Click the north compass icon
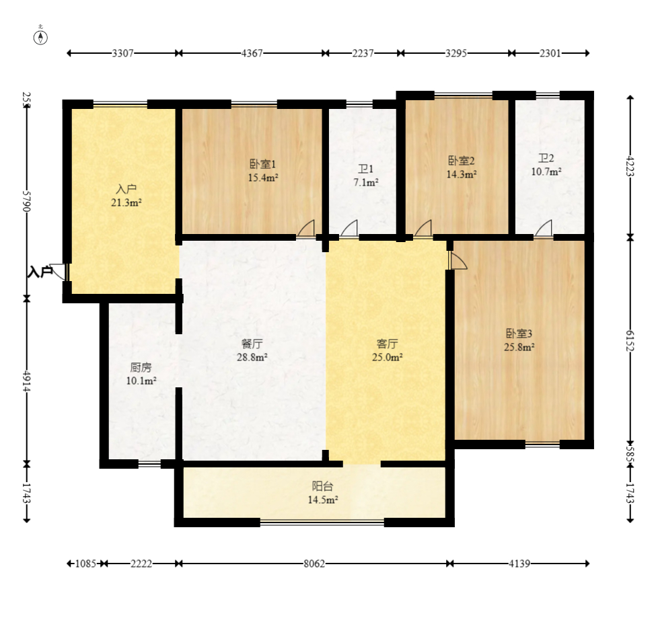[40, 38]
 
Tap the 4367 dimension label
[252, 53]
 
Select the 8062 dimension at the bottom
[314, 564]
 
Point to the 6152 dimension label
[630, 340]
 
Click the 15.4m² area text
[263, 178]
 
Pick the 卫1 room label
[365, 169]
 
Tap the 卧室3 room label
[519, 334]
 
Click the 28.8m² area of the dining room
[252, 357]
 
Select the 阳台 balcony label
[322, 486]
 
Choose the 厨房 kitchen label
[141, 368]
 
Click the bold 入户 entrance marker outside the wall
[40, 272]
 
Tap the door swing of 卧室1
[306, 228]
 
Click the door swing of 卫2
[544, 228]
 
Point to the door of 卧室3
[458, 260]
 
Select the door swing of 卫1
[349, 228]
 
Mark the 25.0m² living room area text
[388, 357]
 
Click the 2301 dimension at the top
[550, 53]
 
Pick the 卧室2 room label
[462, 161]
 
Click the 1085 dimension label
[85, 564]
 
